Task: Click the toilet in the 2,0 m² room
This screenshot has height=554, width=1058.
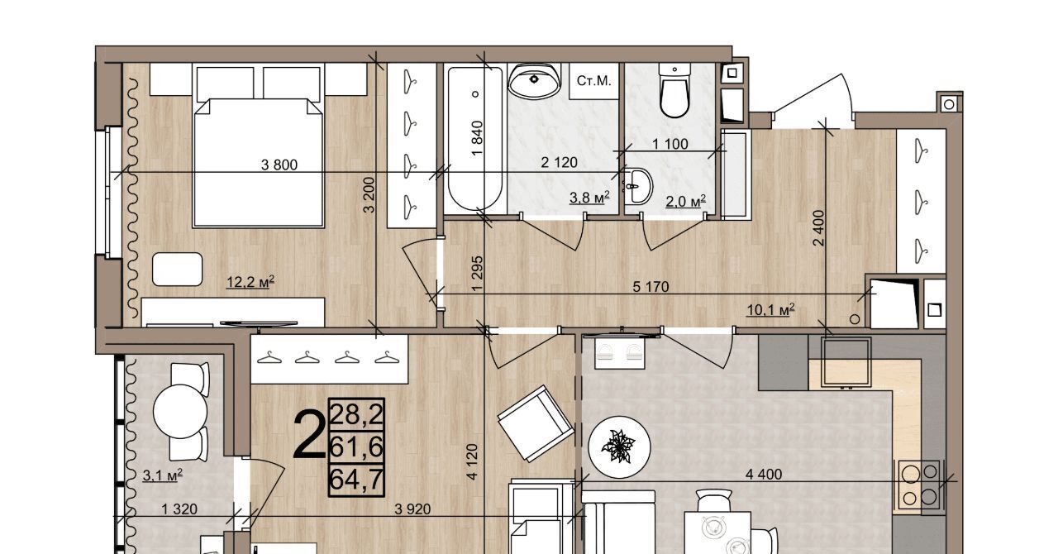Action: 674,91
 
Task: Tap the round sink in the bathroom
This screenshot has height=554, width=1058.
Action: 534,80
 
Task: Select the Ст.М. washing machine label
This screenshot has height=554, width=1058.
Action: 593,81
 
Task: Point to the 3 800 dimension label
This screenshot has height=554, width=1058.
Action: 279,165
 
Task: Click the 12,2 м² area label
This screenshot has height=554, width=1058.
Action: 250,282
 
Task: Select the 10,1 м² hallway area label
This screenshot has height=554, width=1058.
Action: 770,310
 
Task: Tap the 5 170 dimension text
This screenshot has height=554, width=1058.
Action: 651,286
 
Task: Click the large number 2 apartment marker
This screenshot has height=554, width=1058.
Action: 309,435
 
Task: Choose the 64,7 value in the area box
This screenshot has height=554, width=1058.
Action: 356,480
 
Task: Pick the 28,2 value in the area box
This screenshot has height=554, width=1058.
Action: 356,414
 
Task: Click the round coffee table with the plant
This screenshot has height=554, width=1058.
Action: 619,447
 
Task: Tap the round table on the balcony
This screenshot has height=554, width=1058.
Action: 180,411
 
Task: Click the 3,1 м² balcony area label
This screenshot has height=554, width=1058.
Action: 163,475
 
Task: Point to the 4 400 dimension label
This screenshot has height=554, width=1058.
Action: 764,474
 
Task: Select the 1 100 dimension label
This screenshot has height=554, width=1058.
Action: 670,144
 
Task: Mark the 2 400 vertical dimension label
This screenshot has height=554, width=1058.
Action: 818,228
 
